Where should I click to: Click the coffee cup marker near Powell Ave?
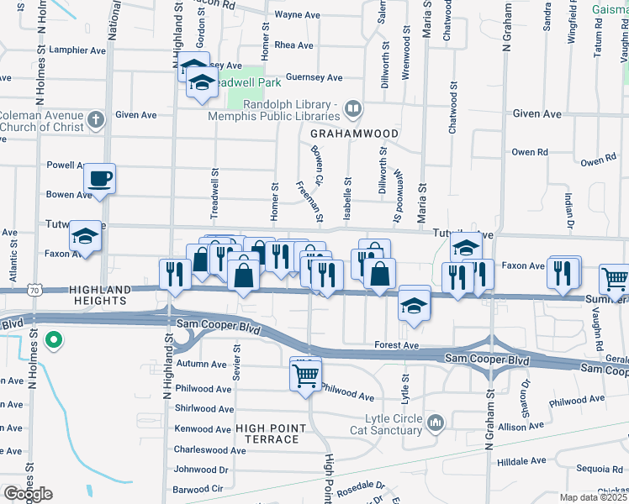[x=100, y=178]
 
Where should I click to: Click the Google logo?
[x=28, y=494]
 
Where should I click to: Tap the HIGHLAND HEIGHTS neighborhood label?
[x=87, y=294]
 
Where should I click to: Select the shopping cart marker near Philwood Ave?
[x=305, y=374]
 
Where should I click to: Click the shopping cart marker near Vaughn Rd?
[x=615, y=281]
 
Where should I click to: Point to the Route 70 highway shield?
[x=34, y=289]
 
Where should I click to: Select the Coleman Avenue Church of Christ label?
[x=42, y=121]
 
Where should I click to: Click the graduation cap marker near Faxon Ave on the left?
[x=85, y=237]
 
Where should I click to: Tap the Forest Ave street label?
[x=397, y=345]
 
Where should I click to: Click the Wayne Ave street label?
[x=298, y=15]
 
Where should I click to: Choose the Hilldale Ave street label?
[x=523, y=461]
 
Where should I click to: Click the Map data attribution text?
[x=594, y=497]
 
